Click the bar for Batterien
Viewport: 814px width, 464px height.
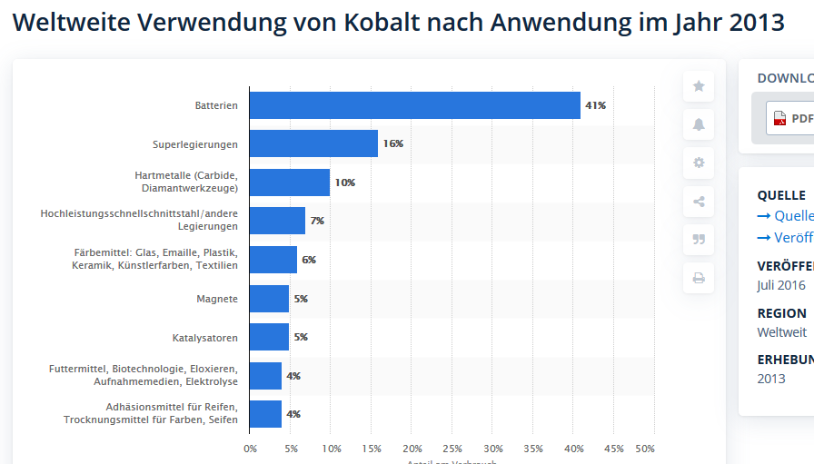tap(414, 105)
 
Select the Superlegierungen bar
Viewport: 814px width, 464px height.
tap(313, 143)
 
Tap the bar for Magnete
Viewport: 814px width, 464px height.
tap(269, 299)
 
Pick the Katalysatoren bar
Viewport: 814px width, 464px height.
tap(269, 337)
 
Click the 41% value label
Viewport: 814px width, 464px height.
tap(595, 105)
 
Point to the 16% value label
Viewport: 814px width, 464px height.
tap(392, 143)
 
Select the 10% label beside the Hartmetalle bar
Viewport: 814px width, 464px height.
tap(344, 183)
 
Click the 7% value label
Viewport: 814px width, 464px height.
tap(317, 221)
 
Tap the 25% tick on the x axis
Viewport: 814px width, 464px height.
tap(452, 449)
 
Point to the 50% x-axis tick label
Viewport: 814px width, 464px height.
tap(645, 449)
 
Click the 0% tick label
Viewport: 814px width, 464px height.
tap(251, 449)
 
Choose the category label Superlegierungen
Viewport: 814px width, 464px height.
tap(194, 144)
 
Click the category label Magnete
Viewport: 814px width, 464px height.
tap(217, 299)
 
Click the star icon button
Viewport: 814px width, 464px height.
tap(699, 86)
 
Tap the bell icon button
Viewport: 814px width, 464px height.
tap(699, 124)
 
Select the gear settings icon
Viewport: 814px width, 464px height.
tap(699, 163)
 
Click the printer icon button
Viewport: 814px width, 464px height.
tap(699, 278)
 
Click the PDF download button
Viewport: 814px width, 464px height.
tap(790, 118)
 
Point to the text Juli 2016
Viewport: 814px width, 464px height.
tap(781, 285)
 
